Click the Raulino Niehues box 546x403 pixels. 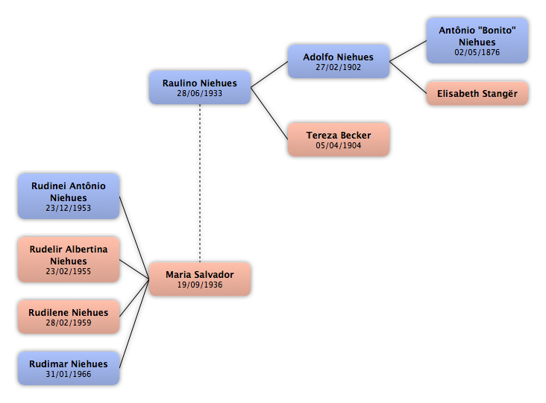tap(200, 87)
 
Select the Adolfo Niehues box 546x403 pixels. tap(339, 61)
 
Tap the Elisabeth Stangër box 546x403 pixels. tap(477, 93)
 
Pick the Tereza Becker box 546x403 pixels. tap(339, 139)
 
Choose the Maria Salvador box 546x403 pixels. tap(200, 279)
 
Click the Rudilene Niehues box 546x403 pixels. tap(69, 317)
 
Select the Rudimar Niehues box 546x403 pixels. tap(69, 368)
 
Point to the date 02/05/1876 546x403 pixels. tap(477, 52)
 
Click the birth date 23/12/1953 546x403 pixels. tap(69, 208)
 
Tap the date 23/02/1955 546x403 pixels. tap(69, 271)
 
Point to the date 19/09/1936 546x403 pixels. tap(200, 285)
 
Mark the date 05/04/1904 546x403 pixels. tap(339, 145)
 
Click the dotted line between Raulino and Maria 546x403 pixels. tap(200, 183)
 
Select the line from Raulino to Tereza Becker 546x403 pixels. tap(269, 113)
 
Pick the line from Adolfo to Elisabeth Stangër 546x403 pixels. tap(408, 77)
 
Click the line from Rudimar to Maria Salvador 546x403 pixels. tap(134, 323)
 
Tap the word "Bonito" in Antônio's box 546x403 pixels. tap(498, 31)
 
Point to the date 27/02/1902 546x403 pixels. tap(339, 67)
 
